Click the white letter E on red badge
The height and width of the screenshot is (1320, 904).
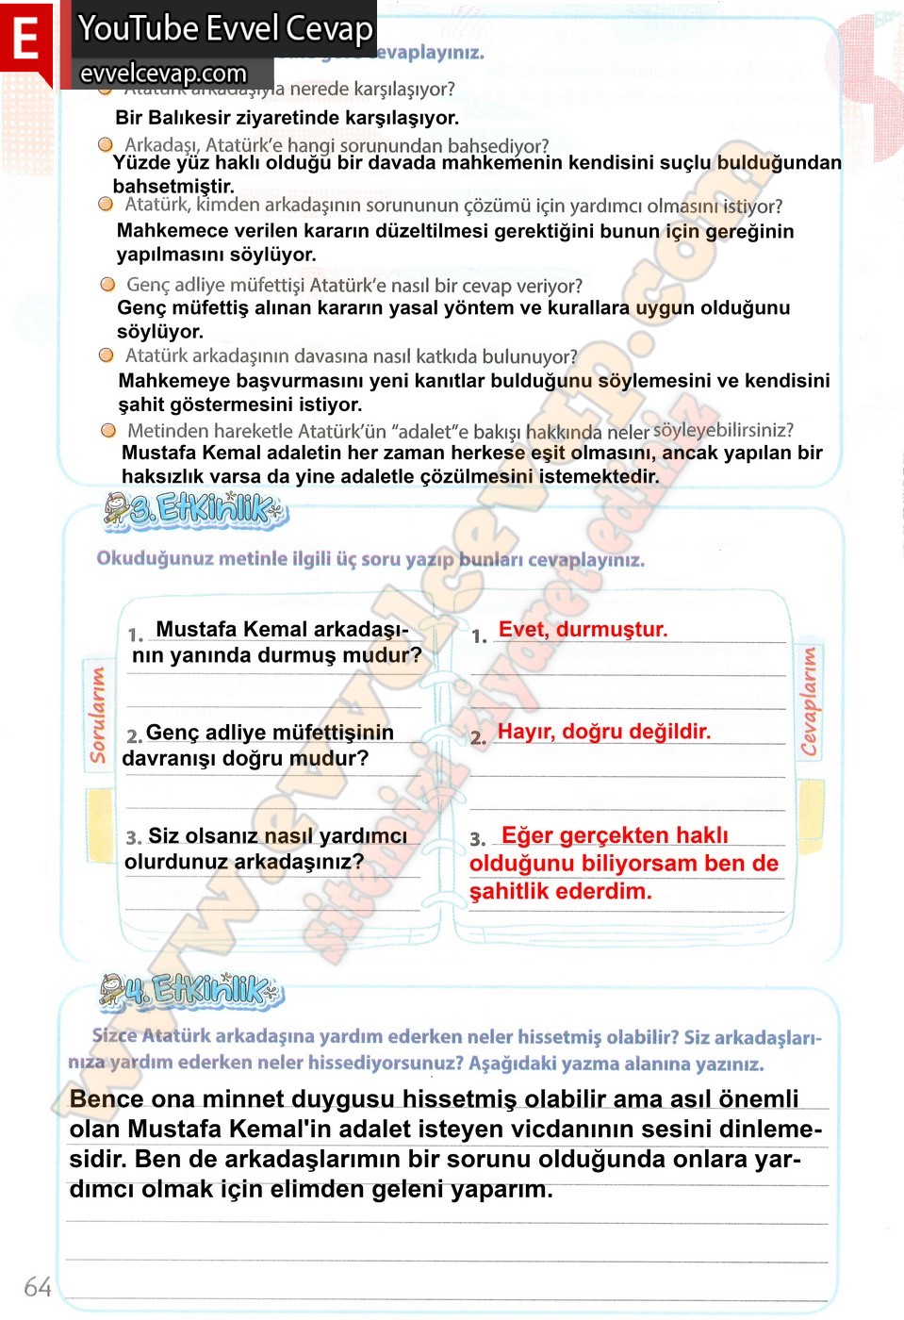click(25, 40)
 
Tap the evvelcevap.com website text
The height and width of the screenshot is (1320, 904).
click(163, 74)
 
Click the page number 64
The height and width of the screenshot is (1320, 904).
click(38, 1287)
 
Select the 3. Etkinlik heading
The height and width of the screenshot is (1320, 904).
click(194, 510)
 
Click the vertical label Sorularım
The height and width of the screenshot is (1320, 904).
click(98, 714)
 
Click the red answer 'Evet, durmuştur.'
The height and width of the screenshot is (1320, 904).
click(583, 630)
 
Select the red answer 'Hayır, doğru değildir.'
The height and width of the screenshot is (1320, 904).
click(603, 732)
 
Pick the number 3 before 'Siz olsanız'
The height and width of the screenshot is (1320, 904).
click(133, 837)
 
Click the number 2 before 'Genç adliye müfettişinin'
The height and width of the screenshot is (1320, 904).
click(133, 735)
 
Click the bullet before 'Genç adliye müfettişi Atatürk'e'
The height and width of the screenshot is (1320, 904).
click(108, 285)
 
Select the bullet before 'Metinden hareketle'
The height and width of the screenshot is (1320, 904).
click(109, 431)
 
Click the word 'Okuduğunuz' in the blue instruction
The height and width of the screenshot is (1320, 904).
click(154, 558)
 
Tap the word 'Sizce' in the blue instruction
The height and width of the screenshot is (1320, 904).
click(114, 1036)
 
